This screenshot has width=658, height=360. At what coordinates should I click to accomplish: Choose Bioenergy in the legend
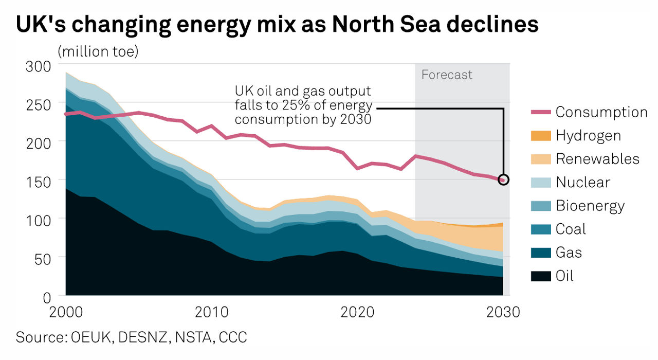(x=590, y=206)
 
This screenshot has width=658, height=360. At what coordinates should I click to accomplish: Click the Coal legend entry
(x=571, y=229)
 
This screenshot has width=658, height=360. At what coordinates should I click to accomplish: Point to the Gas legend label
(x=569, y=253)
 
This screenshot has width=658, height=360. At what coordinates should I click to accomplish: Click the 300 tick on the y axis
(x=40, y=66)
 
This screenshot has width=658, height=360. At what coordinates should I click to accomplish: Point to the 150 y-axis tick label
(x=40, y=181)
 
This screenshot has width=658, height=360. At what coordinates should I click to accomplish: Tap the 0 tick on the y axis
(x=47, y=296)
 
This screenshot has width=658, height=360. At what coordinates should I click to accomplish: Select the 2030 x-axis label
(x=502, y=312)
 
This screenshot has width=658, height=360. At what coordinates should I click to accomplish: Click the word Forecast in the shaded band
(x=447, y=75)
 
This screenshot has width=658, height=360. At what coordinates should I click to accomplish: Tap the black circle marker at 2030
(x=503, y=179)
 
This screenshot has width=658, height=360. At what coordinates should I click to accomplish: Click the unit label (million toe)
(x=98, y=52)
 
